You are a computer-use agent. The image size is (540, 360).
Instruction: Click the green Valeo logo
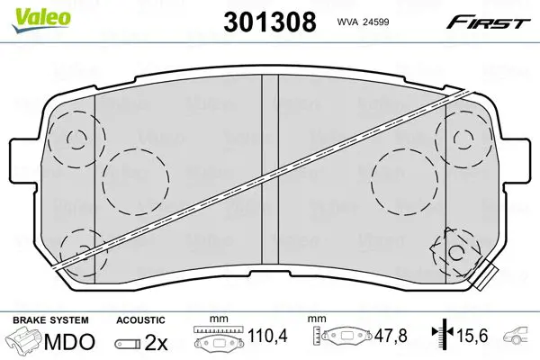tap(41, 20)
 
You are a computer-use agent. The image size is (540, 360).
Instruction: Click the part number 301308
tap(270, 22)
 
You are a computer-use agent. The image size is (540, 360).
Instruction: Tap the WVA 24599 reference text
tap(363, 22)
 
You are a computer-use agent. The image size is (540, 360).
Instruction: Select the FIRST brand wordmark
tap(488, 22)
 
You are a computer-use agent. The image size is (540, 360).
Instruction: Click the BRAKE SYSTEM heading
tap(50, 320)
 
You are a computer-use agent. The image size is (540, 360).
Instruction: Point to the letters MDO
tap(69, 342)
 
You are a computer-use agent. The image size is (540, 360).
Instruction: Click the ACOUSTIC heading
tap(140, 320)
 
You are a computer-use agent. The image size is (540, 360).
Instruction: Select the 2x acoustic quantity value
tap(156, 342)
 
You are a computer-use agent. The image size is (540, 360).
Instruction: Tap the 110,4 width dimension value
tap(267, 335)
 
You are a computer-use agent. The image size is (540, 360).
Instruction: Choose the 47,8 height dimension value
tap(391, 335)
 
